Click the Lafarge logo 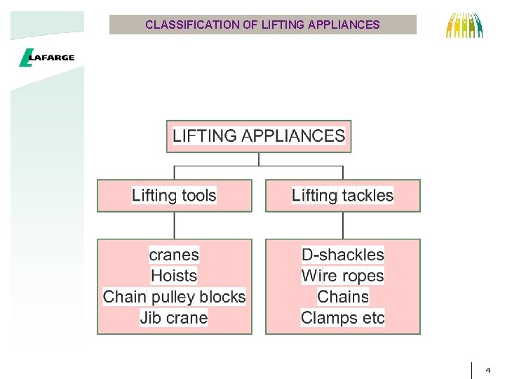pyautogui.click(x=46, y=58)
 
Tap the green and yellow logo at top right pyautogui.click(x=465, y=25)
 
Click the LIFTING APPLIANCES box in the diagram pyautogui.click(x=259, y=136)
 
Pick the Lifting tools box pyautogui.click(x=174, y=195)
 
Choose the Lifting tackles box pyautogui.click(x=342, y=195)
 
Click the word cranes pyautogui.click(x=174, y=255)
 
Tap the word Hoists pyautogui.click(x=174, y=276)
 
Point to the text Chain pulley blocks pyautogui.click(x=174, y=297)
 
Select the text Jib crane pyautogui.click(x=174, y=318)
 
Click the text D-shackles pyautogui.click(x=342, y=255)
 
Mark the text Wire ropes pyautogui.click(x=342, y=276)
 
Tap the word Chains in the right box pyautogui.click(x=342, y=297)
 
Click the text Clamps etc pyautogui.click(x=342, y=318)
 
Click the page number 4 pyautogui.click(x=488, y=369)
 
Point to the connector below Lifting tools pyautogui.click(x=174, y=225)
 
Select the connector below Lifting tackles pyautogui.click(x=342, y=225)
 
